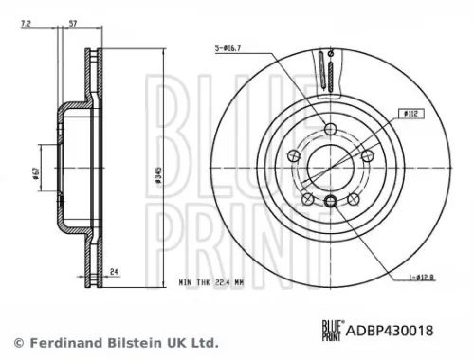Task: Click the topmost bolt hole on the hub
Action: coord(329,131)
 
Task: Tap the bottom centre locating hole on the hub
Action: coord(329,201)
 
